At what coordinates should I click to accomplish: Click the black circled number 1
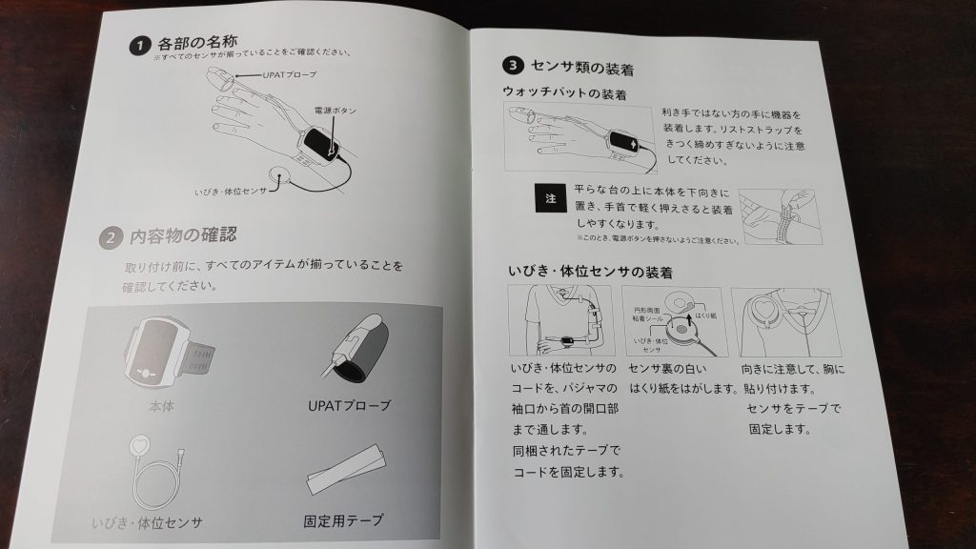click(140, 46)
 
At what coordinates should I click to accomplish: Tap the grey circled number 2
click(111, 237)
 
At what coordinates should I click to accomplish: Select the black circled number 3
click(513, 65)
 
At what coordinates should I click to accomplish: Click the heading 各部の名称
click(197, 43)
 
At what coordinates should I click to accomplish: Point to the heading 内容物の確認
click(183, 235)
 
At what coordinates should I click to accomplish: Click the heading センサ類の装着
click(582, 68)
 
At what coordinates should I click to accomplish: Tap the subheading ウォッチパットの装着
click(564, 93)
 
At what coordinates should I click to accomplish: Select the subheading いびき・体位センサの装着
click(590, 272)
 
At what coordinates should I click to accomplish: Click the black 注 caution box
click(550, 198)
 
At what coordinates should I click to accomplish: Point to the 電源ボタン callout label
click(335, 111)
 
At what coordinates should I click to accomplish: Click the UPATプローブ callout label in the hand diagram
click(290, 74)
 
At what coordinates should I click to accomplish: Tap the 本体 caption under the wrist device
click(162, 406)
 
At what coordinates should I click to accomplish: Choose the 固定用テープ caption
click(343, 520)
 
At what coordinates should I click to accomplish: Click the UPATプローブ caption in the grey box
click(349, 405)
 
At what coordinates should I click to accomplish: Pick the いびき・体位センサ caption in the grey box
click(147, 522)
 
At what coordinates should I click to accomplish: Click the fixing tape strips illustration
click(346, 468)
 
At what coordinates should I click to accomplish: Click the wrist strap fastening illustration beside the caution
click(781, 217)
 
